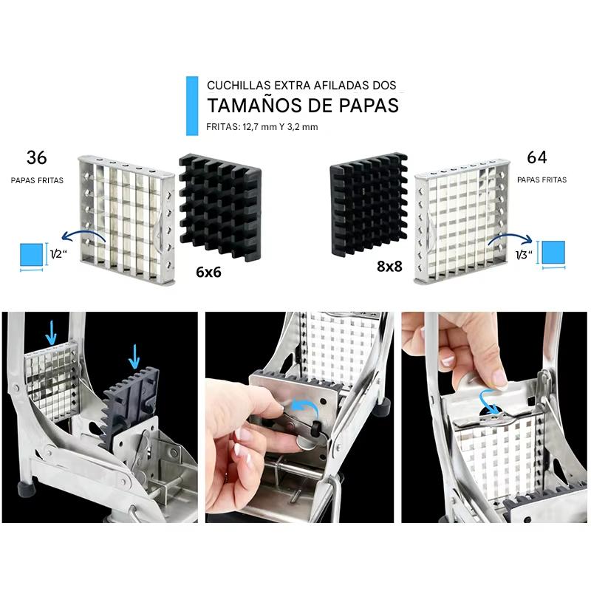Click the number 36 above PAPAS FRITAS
click(36, 157)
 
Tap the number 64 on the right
click(537, 157)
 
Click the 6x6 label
click(208, 272)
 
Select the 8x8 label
click(389, 267)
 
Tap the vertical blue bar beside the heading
click(192, 106)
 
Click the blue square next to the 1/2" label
click(31, 255)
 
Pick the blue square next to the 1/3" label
click(553, 253)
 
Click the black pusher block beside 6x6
click(220, 208)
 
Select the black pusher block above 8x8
click(369, 204)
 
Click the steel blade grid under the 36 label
click(127, 219)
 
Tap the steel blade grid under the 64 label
click(462, 221)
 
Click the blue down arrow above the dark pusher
click(134, 356)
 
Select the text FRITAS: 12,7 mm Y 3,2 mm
click(262, 127)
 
